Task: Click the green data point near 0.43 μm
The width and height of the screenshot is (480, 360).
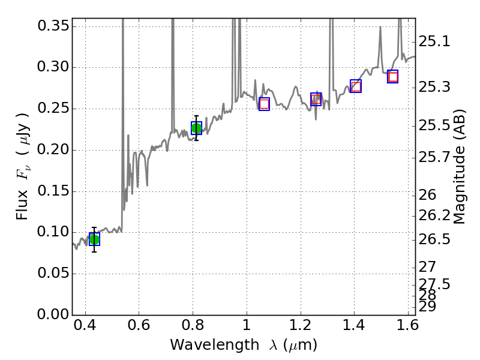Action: point(94,239)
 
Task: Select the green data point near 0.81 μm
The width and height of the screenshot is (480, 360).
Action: point(196,128)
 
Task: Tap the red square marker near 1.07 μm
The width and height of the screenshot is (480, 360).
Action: point(264,104)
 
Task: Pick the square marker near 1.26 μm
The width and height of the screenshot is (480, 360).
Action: point(316,100)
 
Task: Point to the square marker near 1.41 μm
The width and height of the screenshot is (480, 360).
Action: point(356,86)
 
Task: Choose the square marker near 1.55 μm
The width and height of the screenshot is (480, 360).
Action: point(393,76)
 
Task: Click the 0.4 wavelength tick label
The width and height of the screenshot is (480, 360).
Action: point(85,328)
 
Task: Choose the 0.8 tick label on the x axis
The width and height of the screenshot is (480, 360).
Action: point(193,328)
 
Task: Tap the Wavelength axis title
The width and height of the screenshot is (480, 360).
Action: point(243,346)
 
